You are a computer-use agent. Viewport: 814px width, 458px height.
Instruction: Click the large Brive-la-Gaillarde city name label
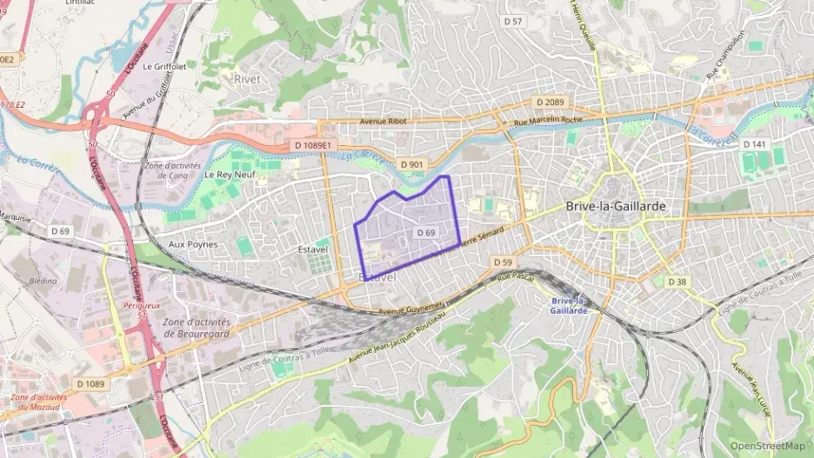click(616, 206)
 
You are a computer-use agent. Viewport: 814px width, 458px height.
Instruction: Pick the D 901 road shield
click(412, 164)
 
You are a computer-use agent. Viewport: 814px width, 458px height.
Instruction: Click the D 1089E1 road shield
click(313, 145)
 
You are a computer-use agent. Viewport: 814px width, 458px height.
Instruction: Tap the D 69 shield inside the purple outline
click(425, 233)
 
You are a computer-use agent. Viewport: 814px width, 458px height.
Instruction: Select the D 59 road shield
click(502, 262)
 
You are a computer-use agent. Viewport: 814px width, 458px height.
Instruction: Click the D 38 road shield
click(677, 282)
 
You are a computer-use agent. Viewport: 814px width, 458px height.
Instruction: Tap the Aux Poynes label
click(192, 245)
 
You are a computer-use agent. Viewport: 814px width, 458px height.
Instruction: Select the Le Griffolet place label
click(165, 66)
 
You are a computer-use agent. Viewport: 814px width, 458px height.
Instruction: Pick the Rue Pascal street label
click(514, 277)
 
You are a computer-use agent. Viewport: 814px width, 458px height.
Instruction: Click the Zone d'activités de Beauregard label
click(196, 328)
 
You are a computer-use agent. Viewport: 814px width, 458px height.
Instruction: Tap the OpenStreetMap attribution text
click(768, 446)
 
